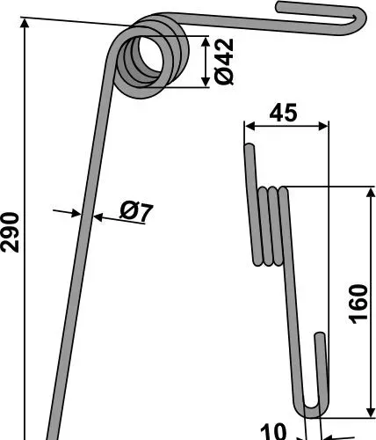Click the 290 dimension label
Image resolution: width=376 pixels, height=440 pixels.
click(x=10, y=232)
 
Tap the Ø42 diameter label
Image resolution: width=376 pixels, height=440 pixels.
click(x=224, y=62)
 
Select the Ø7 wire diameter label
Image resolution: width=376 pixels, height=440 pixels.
click(x=136, y=213)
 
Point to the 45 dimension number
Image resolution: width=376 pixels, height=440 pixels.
click(x=283, y=113)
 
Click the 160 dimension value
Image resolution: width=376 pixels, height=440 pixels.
click(x=358, y=304)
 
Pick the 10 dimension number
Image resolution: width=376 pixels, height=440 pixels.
click(x=273, y=431)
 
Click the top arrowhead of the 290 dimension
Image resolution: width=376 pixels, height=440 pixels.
click(x=25, y=23)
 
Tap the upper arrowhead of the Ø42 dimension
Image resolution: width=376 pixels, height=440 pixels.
click(x=206, y=41)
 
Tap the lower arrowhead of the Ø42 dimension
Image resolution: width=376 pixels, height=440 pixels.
click(x=206, y=82)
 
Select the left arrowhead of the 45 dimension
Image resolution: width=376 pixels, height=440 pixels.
click(x=249, y=127)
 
